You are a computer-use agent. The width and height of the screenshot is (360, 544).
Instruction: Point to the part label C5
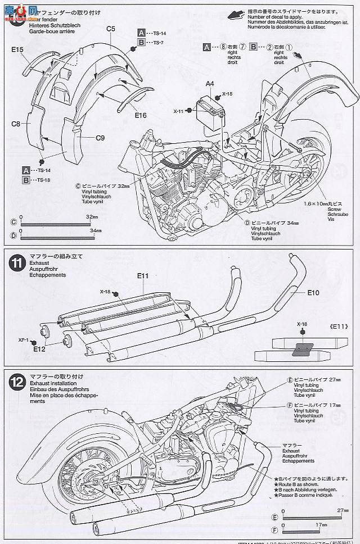coord(110,29)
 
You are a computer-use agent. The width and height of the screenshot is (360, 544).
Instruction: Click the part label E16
coord(141,116)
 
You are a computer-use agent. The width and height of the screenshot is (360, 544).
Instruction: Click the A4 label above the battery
coord(209,84)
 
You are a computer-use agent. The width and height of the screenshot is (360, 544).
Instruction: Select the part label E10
coord(313,293)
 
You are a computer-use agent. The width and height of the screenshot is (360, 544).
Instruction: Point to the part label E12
coord(39,349)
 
